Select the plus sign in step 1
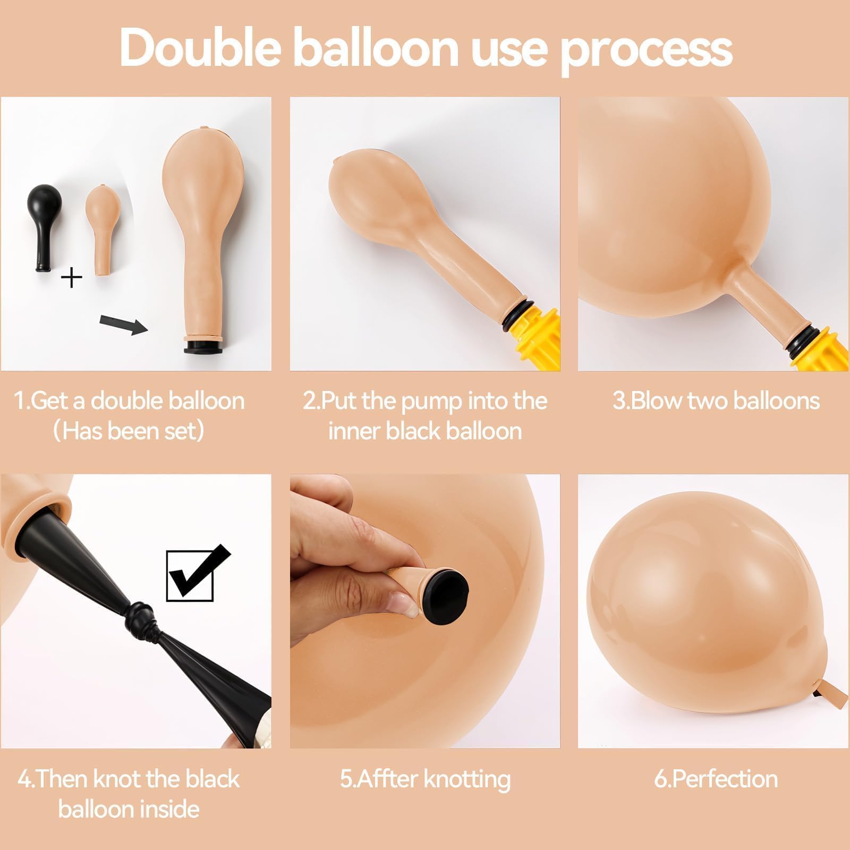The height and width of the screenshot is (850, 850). pyautogui.click(x=72, y=278)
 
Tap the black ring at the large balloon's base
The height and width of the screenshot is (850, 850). pyautogui.click(x=205, y=348)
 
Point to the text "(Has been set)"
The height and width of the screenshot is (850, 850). pyautogui.click(x=129, y=430)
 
